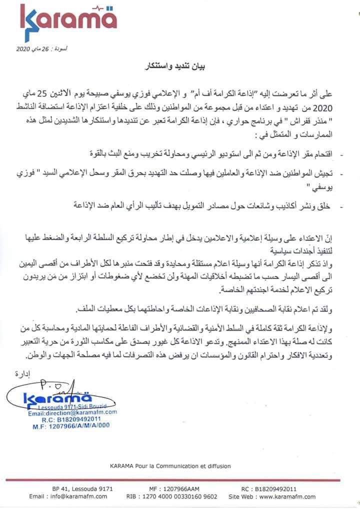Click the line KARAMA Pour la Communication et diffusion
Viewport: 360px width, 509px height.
[170, 465]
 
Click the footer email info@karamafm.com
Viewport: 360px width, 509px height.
[68, 496]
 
